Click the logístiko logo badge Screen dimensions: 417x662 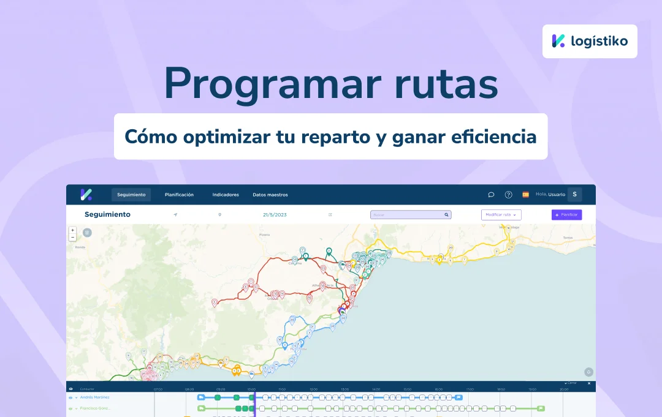[x=589, y=41]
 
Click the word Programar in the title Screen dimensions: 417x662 [x=261, y=85]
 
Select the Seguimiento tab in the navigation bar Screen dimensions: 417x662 [x=131, y=195]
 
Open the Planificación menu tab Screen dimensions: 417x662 [x=179, y=195]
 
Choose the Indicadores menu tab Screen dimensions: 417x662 [x=226, y=195]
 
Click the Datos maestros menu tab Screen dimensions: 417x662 [x=270, y=195]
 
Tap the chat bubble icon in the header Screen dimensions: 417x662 [x=491, y=195]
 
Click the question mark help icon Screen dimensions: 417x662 [x=508, y=195]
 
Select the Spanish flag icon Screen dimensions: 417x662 [x=525, y=195]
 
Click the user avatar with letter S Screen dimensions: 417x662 [x=574, y=195]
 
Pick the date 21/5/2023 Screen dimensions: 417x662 [x=275, y=215]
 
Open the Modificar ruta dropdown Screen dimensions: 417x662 [x=501, y=215]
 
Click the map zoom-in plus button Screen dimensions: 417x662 [x=73, y=230]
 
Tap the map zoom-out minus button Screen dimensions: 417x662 [x=73, y=237]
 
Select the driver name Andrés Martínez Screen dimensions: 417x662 [x=94, y=397]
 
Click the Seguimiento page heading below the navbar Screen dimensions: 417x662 [x=107, y=215]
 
